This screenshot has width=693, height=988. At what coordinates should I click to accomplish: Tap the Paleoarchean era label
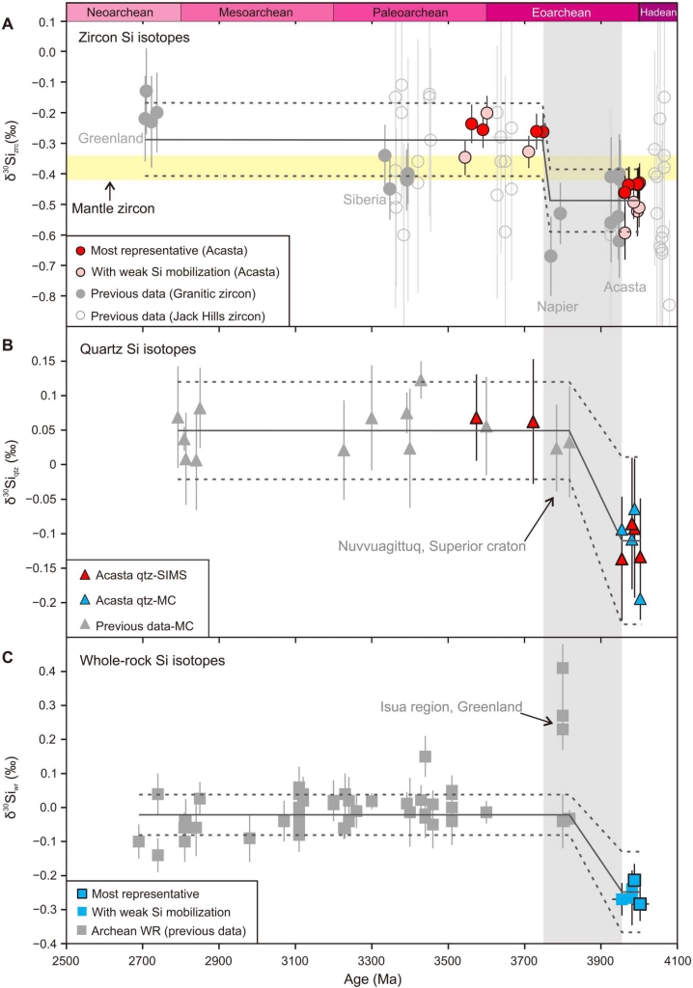coord(409,13)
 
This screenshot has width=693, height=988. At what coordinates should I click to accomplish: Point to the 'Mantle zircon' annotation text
coord(114,205)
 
